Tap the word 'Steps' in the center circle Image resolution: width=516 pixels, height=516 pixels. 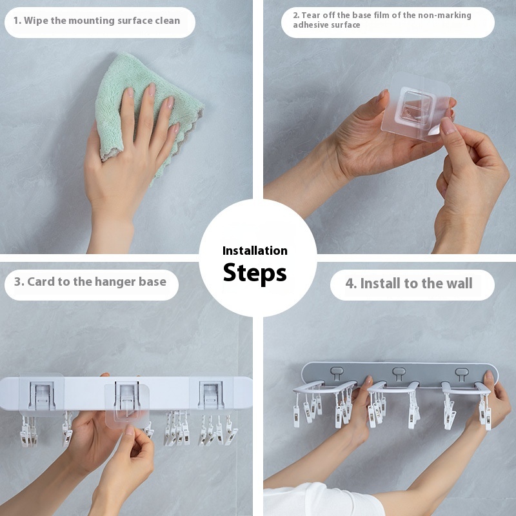255,273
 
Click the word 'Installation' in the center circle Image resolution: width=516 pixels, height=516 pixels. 255,251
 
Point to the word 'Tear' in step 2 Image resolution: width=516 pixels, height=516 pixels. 311,15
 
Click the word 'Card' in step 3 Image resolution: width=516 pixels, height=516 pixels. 41,282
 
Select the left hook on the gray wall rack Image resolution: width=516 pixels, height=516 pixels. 337,372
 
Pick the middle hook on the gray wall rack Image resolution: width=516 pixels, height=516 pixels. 399,373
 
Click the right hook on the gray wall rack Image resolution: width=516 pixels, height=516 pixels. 461,373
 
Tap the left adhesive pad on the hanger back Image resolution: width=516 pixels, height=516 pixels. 42,394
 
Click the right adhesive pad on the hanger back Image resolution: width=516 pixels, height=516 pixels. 211,394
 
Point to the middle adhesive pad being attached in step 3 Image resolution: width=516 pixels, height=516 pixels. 127,406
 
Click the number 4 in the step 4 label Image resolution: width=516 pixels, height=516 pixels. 350,284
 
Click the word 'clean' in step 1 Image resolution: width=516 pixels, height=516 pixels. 168,21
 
